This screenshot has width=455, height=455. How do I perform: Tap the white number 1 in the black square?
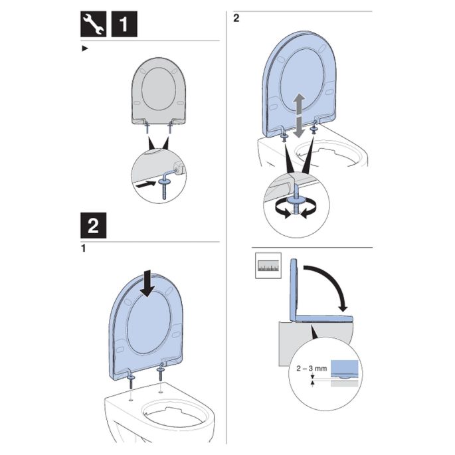point(124,25)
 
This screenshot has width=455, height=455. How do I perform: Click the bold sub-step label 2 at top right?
point(236,18)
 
